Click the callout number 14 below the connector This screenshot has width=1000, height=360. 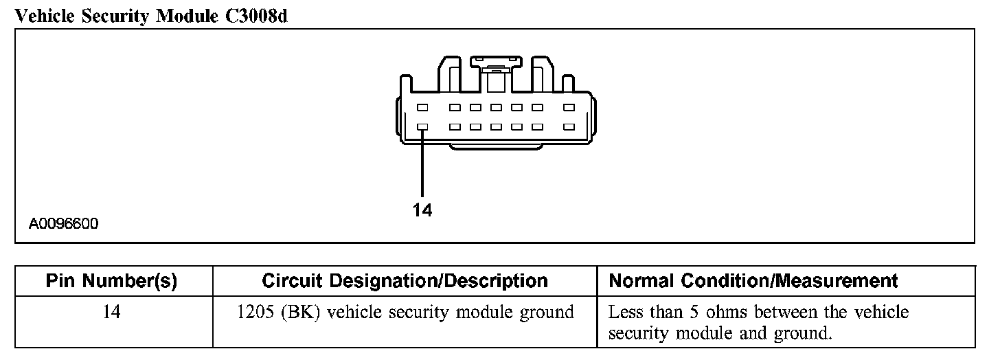pos(423,210)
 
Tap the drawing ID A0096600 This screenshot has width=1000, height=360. pos(63,224)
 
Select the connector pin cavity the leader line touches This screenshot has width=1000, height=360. pos(422,127)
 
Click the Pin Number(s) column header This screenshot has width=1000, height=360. pos(111,281)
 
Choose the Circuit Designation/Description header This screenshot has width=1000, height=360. pos(405,281)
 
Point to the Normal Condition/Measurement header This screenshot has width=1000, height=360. pos(753,281)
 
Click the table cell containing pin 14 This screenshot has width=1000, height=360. pos(111,313)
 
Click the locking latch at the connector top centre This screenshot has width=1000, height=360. pos(495,67)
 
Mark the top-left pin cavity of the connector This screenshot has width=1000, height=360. pos(422,108)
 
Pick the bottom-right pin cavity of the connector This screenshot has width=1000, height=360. pos(568,127)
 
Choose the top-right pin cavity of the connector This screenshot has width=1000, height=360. pos(568,108)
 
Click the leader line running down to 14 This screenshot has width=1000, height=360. pos(422,165)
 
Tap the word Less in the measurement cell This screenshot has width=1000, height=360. pos(626,313)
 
